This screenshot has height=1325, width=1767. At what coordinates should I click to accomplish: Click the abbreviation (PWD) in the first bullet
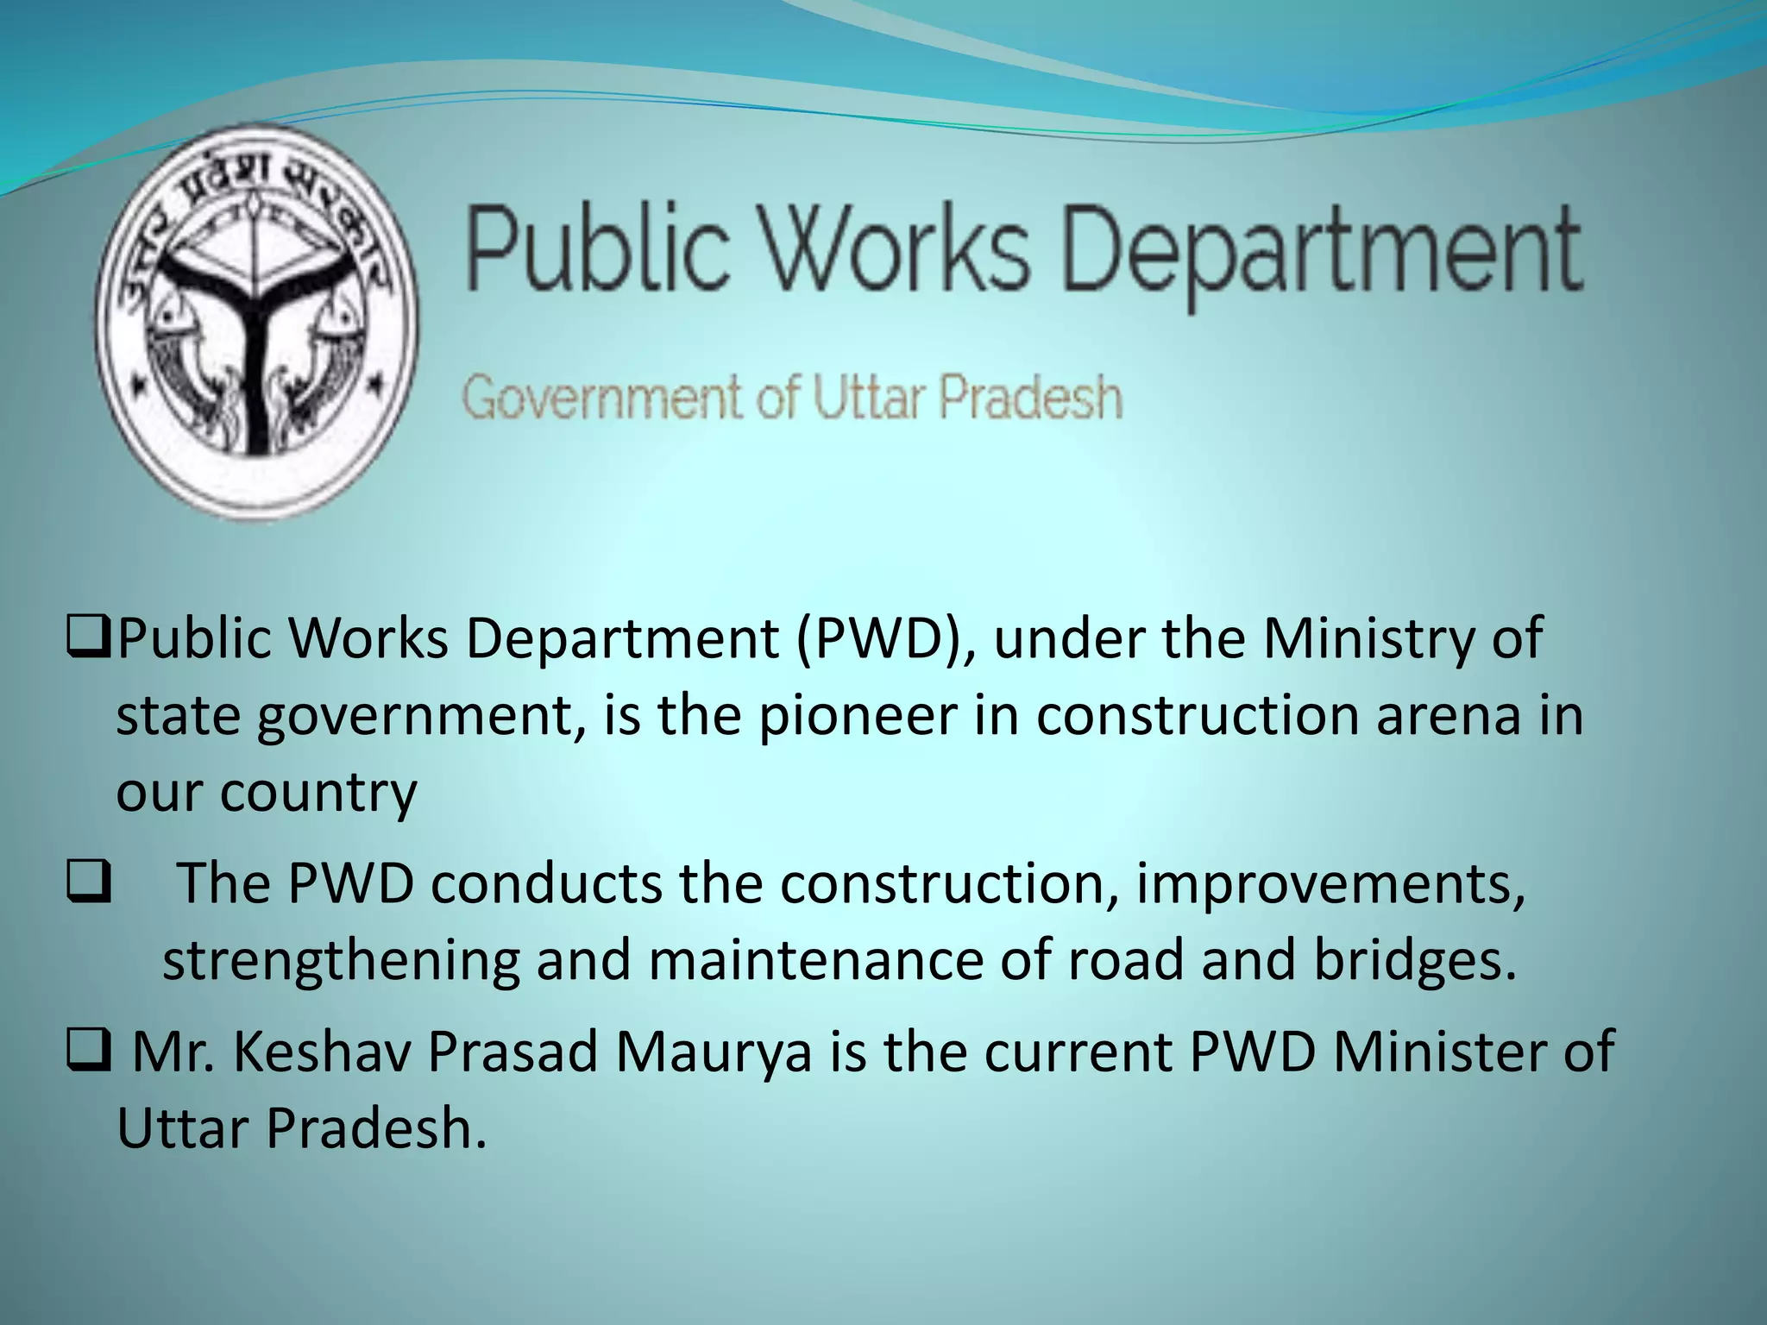(x=883, y=639)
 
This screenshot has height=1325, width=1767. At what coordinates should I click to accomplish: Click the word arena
(x=1449, y=715)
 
